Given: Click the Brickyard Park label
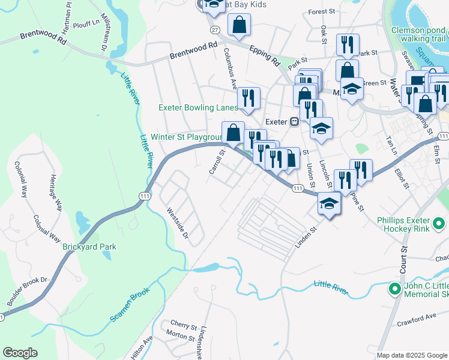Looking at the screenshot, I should point(89,247).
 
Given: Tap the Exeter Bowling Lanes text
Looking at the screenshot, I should point(197,108).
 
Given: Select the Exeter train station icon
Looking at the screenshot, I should point(295,121).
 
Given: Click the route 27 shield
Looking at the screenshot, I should point(215,28).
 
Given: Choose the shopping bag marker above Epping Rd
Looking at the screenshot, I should point(239,25).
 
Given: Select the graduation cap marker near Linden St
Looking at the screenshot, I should point(328,203).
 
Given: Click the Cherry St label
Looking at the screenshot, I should point(184,326).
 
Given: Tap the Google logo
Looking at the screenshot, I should point(20,353).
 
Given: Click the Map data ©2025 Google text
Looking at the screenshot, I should point(411,355).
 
